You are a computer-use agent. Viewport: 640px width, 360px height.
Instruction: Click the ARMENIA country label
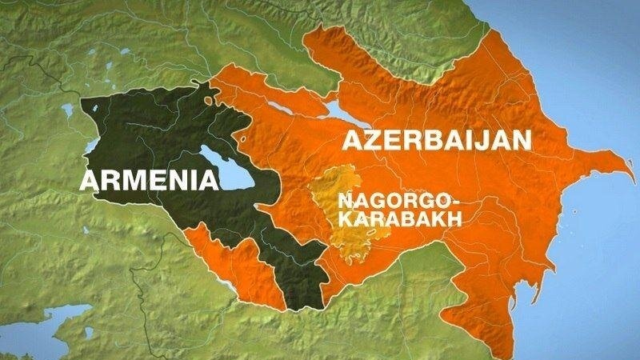pos(150,180)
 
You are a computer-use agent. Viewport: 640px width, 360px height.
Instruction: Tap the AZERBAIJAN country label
pos(437,142)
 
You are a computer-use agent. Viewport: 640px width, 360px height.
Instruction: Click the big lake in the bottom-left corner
pos(60,320)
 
